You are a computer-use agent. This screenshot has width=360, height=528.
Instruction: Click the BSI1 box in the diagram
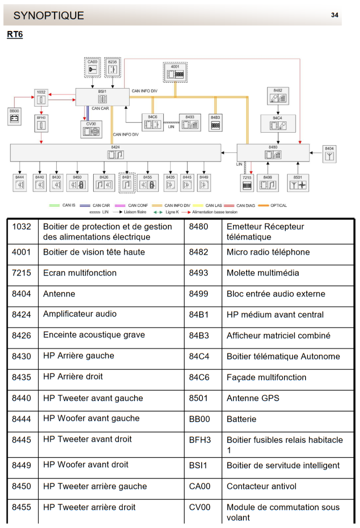pos(102,97)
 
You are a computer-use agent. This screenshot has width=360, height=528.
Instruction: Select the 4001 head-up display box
pos(175,72)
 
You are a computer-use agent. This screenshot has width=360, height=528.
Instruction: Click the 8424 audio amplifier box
pos(116,152)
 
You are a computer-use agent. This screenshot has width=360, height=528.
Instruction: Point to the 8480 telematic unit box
pos(273,152)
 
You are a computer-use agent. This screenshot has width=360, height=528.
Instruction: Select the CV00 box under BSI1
pos(91,129)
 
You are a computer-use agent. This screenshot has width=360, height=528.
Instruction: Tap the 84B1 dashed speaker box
pos(127,183)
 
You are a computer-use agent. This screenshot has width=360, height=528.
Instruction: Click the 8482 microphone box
pos(278,96)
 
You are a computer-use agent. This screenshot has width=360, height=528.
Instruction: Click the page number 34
pos(334,15)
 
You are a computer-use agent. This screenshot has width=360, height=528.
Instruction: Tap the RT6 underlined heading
pos(15,35)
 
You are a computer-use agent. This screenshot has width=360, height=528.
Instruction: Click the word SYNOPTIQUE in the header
pos(49,16)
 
